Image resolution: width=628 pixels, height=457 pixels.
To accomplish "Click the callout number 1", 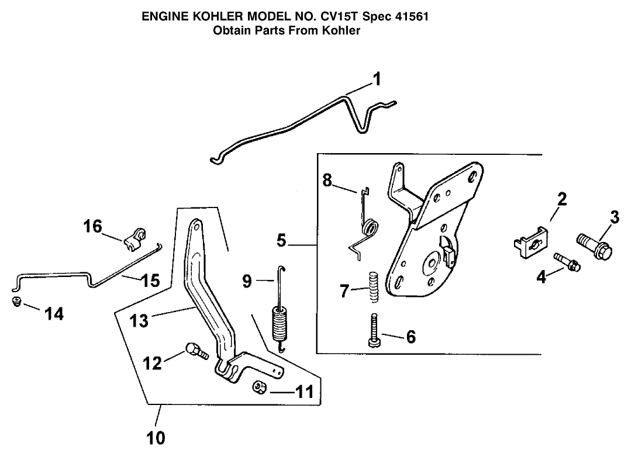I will (x=377, y=79).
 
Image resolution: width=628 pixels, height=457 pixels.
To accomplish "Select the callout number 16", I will (x=93, y=227).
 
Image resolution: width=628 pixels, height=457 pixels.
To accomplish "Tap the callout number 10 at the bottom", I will (x=157, y=437).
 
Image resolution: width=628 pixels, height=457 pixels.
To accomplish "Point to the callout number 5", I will (x=282, y=240).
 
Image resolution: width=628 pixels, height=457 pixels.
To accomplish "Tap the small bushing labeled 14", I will (x=17, y=302).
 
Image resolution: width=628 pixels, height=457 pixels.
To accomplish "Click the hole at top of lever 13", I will (x=195, y=225).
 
